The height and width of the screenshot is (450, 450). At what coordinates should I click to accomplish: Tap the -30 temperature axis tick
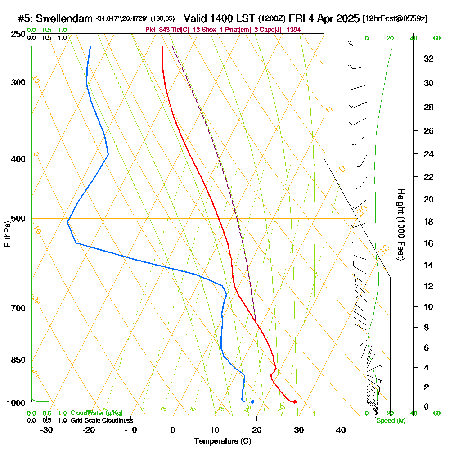click(x=47, y=430)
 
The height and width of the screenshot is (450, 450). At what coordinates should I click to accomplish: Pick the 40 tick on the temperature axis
click(x=341, y=430)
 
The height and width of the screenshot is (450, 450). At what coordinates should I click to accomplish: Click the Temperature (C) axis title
click(x=222, y=441)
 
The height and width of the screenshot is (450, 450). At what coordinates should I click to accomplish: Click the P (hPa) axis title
click(x=7, y=234)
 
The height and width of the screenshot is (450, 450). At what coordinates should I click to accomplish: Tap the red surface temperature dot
click(x=294, y=401)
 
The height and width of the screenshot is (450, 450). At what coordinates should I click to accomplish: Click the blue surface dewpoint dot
click(x=252, y=401)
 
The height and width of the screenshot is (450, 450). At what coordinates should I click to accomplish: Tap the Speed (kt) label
click(x=391, y=420)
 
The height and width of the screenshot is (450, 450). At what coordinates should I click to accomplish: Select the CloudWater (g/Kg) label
click(x=96, y=413)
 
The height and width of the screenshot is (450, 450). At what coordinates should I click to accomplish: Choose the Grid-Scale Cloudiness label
click(x=101, y=420)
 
